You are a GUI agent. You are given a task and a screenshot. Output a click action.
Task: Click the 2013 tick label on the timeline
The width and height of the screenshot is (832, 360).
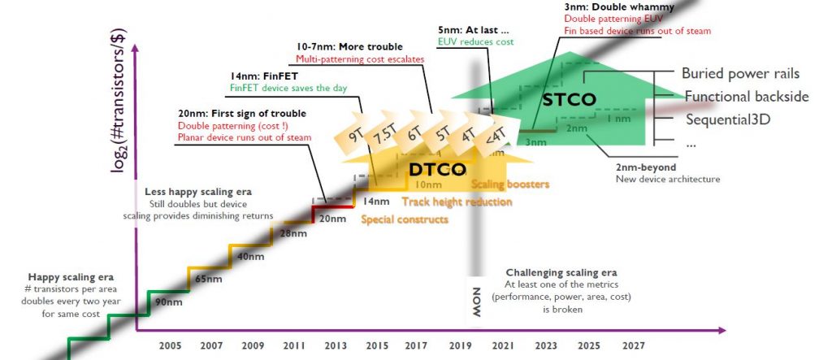[336, 345]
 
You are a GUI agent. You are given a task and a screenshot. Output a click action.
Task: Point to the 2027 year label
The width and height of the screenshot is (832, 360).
[633, 345]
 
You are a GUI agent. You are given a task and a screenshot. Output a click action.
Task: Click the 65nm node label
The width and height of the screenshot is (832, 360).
[209, 279]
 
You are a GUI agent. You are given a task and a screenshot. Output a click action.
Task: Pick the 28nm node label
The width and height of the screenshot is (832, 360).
[292, 234]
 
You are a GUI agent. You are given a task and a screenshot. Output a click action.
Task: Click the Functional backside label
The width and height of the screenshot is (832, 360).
[746, 97]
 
